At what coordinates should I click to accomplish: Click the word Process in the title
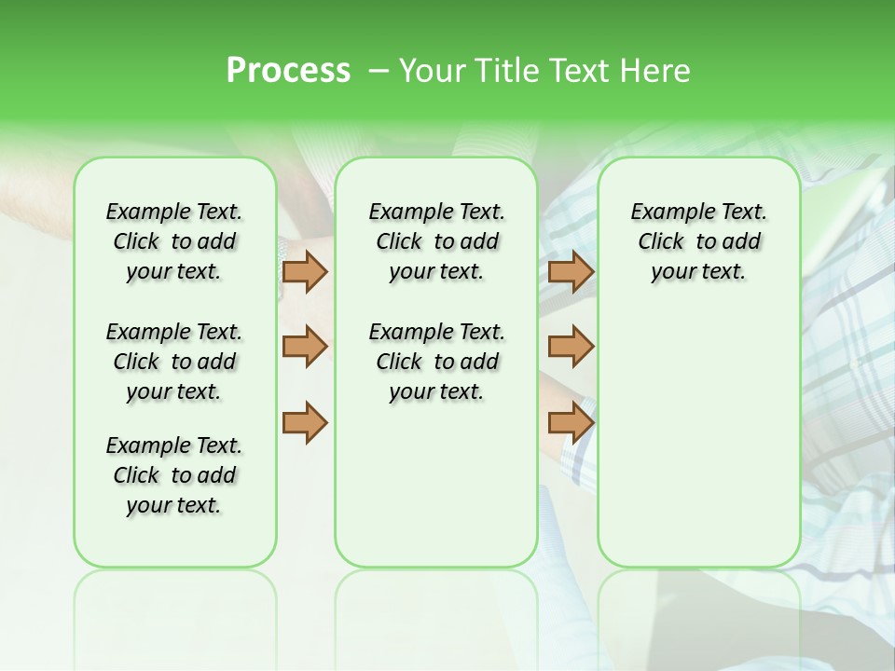(288, 71)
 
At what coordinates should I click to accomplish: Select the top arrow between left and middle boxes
(305, 271)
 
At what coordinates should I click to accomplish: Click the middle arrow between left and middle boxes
(305, 347)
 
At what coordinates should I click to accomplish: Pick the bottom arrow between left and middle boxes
(305, 422)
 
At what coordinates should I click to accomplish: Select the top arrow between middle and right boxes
(571, 271)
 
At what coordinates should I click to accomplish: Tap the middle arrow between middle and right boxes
(571, 347)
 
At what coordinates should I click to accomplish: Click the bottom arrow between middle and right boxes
(571, 422)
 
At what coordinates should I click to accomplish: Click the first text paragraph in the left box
(174, 241)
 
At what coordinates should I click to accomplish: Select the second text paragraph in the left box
(174, 362)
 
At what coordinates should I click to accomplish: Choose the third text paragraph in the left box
(174, 475)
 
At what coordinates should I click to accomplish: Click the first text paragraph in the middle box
(436, 241)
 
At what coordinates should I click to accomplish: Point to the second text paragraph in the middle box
(436, 362)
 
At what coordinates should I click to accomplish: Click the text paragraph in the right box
(698, 241)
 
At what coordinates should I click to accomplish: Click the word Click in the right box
(661, 242)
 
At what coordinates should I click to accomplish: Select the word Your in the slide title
(432, 71)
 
